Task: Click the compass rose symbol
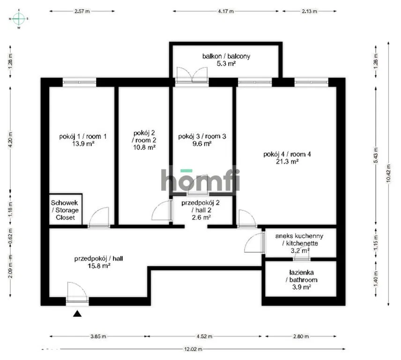19,19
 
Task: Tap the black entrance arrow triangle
77,314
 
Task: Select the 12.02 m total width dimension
193,349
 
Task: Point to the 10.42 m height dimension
388,173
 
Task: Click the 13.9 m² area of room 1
83,143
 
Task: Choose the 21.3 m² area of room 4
287,161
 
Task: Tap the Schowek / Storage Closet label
65,210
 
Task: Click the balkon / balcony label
226,56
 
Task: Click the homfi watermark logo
200,180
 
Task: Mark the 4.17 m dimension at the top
226,11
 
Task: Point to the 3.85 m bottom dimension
98,336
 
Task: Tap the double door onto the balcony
192,75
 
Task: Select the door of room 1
99,217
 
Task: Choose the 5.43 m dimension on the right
376,156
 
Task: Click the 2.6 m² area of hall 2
201,217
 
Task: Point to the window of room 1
79,82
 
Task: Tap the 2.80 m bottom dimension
301,336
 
